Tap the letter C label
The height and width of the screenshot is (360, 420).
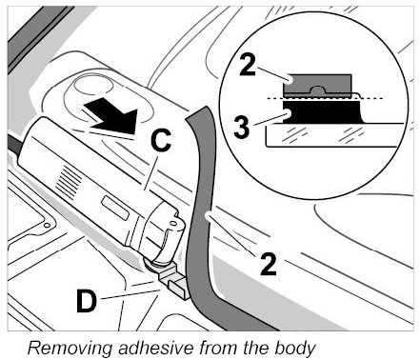coord(161,140)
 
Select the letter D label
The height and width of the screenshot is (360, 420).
coord(86,301)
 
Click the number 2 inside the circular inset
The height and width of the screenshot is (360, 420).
coord(248,65)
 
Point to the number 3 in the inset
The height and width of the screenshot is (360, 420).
coord(242,127)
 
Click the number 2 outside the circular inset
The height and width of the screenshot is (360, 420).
coord(269,263)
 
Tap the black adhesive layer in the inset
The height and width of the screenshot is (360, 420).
coord(321,112)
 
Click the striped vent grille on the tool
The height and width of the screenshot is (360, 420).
coord(69,182)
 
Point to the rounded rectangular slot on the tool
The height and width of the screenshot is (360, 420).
coord(115,208)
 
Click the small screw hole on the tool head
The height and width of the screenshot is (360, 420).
coord(173,224)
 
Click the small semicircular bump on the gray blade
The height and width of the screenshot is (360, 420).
coord(317,90)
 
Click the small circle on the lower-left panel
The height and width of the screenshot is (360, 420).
coord(47,225)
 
